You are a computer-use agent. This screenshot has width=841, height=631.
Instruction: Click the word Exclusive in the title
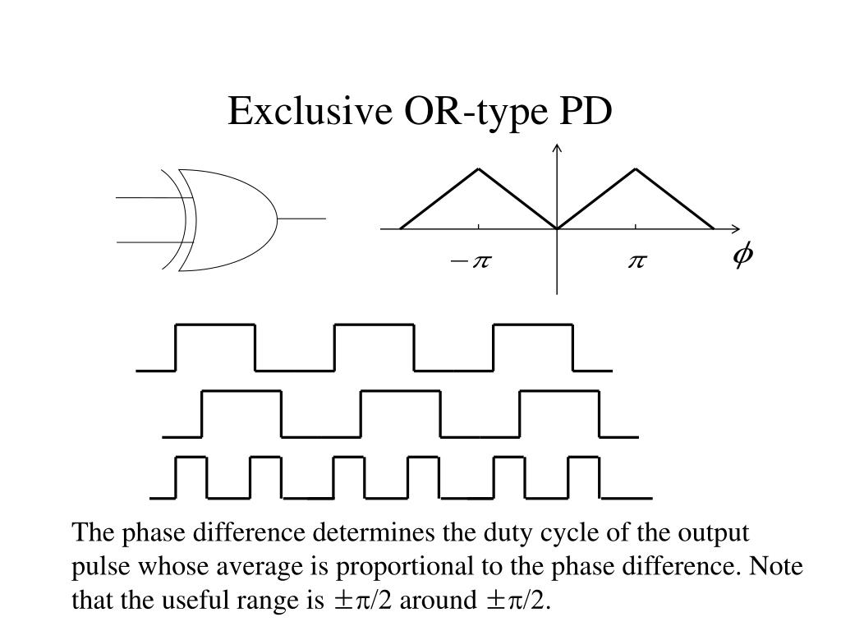(x=310, y=111)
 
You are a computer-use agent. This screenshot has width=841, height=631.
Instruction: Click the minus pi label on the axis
(x=471, y=262)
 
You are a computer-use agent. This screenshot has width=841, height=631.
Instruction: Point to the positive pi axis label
(x=637, y=262)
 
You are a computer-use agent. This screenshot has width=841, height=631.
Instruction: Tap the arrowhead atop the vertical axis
(x=558, y=148)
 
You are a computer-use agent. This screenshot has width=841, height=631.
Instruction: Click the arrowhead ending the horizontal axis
(x=736, y=228)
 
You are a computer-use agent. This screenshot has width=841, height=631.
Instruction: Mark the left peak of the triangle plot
(x=479, y=169)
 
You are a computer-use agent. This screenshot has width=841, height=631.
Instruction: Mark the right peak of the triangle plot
(x=636, y=169)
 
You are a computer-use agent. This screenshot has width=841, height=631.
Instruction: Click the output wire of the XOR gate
(x=301, y=219)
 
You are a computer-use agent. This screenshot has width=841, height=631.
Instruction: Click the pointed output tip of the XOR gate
(x=277, y=219)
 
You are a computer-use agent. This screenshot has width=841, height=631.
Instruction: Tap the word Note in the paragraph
(x=775, y=565)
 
